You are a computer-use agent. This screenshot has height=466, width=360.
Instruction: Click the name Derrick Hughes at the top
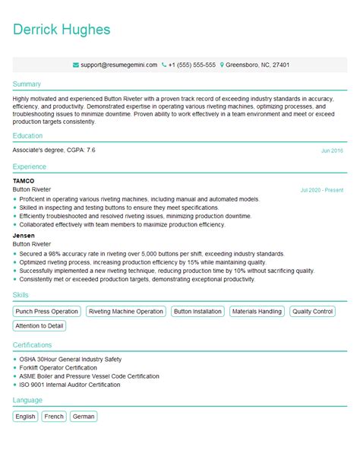[62, 30]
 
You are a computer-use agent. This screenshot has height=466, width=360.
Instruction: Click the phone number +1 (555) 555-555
[192, 65]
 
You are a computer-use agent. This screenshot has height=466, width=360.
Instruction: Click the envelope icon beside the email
[76, 65]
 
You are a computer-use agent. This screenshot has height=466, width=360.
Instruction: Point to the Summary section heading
[27, 84]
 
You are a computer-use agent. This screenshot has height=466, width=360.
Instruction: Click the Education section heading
[28, 136]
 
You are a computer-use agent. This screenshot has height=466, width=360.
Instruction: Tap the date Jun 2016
[332, 151]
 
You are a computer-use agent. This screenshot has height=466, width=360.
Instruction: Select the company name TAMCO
[24, 181]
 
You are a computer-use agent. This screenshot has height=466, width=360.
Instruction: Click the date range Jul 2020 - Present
[322, 189]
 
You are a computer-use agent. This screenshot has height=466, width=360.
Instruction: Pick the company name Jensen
[24, 235]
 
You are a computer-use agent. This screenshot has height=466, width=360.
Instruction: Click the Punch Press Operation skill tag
[46, 311]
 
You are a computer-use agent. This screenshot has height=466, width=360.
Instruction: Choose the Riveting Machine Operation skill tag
[125, 311]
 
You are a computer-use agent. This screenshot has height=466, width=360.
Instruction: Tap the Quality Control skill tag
[312, 311]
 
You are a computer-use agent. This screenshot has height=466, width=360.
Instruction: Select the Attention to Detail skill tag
[39, 325]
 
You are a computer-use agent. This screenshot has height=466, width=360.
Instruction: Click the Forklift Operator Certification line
[65, 367]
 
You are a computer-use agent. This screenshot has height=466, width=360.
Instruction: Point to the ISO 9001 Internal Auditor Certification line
[70, 385]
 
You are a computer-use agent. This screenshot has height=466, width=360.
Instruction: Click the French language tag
[54, 417]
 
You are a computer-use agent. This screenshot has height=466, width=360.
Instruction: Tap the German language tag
[84, 417]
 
